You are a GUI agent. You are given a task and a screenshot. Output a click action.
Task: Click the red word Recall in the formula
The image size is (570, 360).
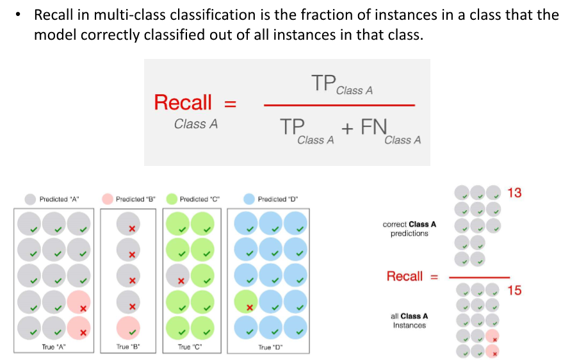coord(183,102)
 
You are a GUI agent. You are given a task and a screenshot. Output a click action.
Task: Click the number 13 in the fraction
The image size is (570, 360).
coord(514,193)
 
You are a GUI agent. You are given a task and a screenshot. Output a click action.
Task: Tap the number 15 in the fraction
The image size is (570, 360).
coord(514,291)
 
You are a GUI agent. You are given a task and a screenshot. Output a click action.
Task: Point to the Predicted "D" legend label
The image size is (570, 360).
coord(277,199)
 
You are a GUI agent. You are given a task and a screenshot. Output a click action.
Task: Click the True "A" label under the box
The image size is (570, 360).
coord(54,347)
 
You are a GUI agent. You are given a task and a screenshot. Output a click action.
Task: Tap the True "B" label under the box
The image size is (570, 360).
coord(128,347)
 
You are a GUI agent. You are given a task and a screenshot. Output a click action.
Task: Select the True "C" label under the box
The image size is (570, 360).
coord(190,347)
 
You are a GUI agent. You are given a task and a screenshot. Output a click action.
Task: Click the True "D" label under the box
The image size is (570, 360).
coord(270,347)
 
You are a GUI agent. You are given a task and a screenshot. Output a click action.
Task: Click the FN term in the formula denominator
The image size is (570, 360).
coord(374,127)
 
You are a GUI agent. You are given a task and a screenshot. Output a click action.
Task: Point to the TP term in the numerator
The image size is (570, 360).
coord(323,83)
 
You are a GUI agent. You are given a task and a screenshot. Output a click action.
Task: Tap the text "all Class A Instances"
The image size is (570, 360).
coord(409,320)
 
